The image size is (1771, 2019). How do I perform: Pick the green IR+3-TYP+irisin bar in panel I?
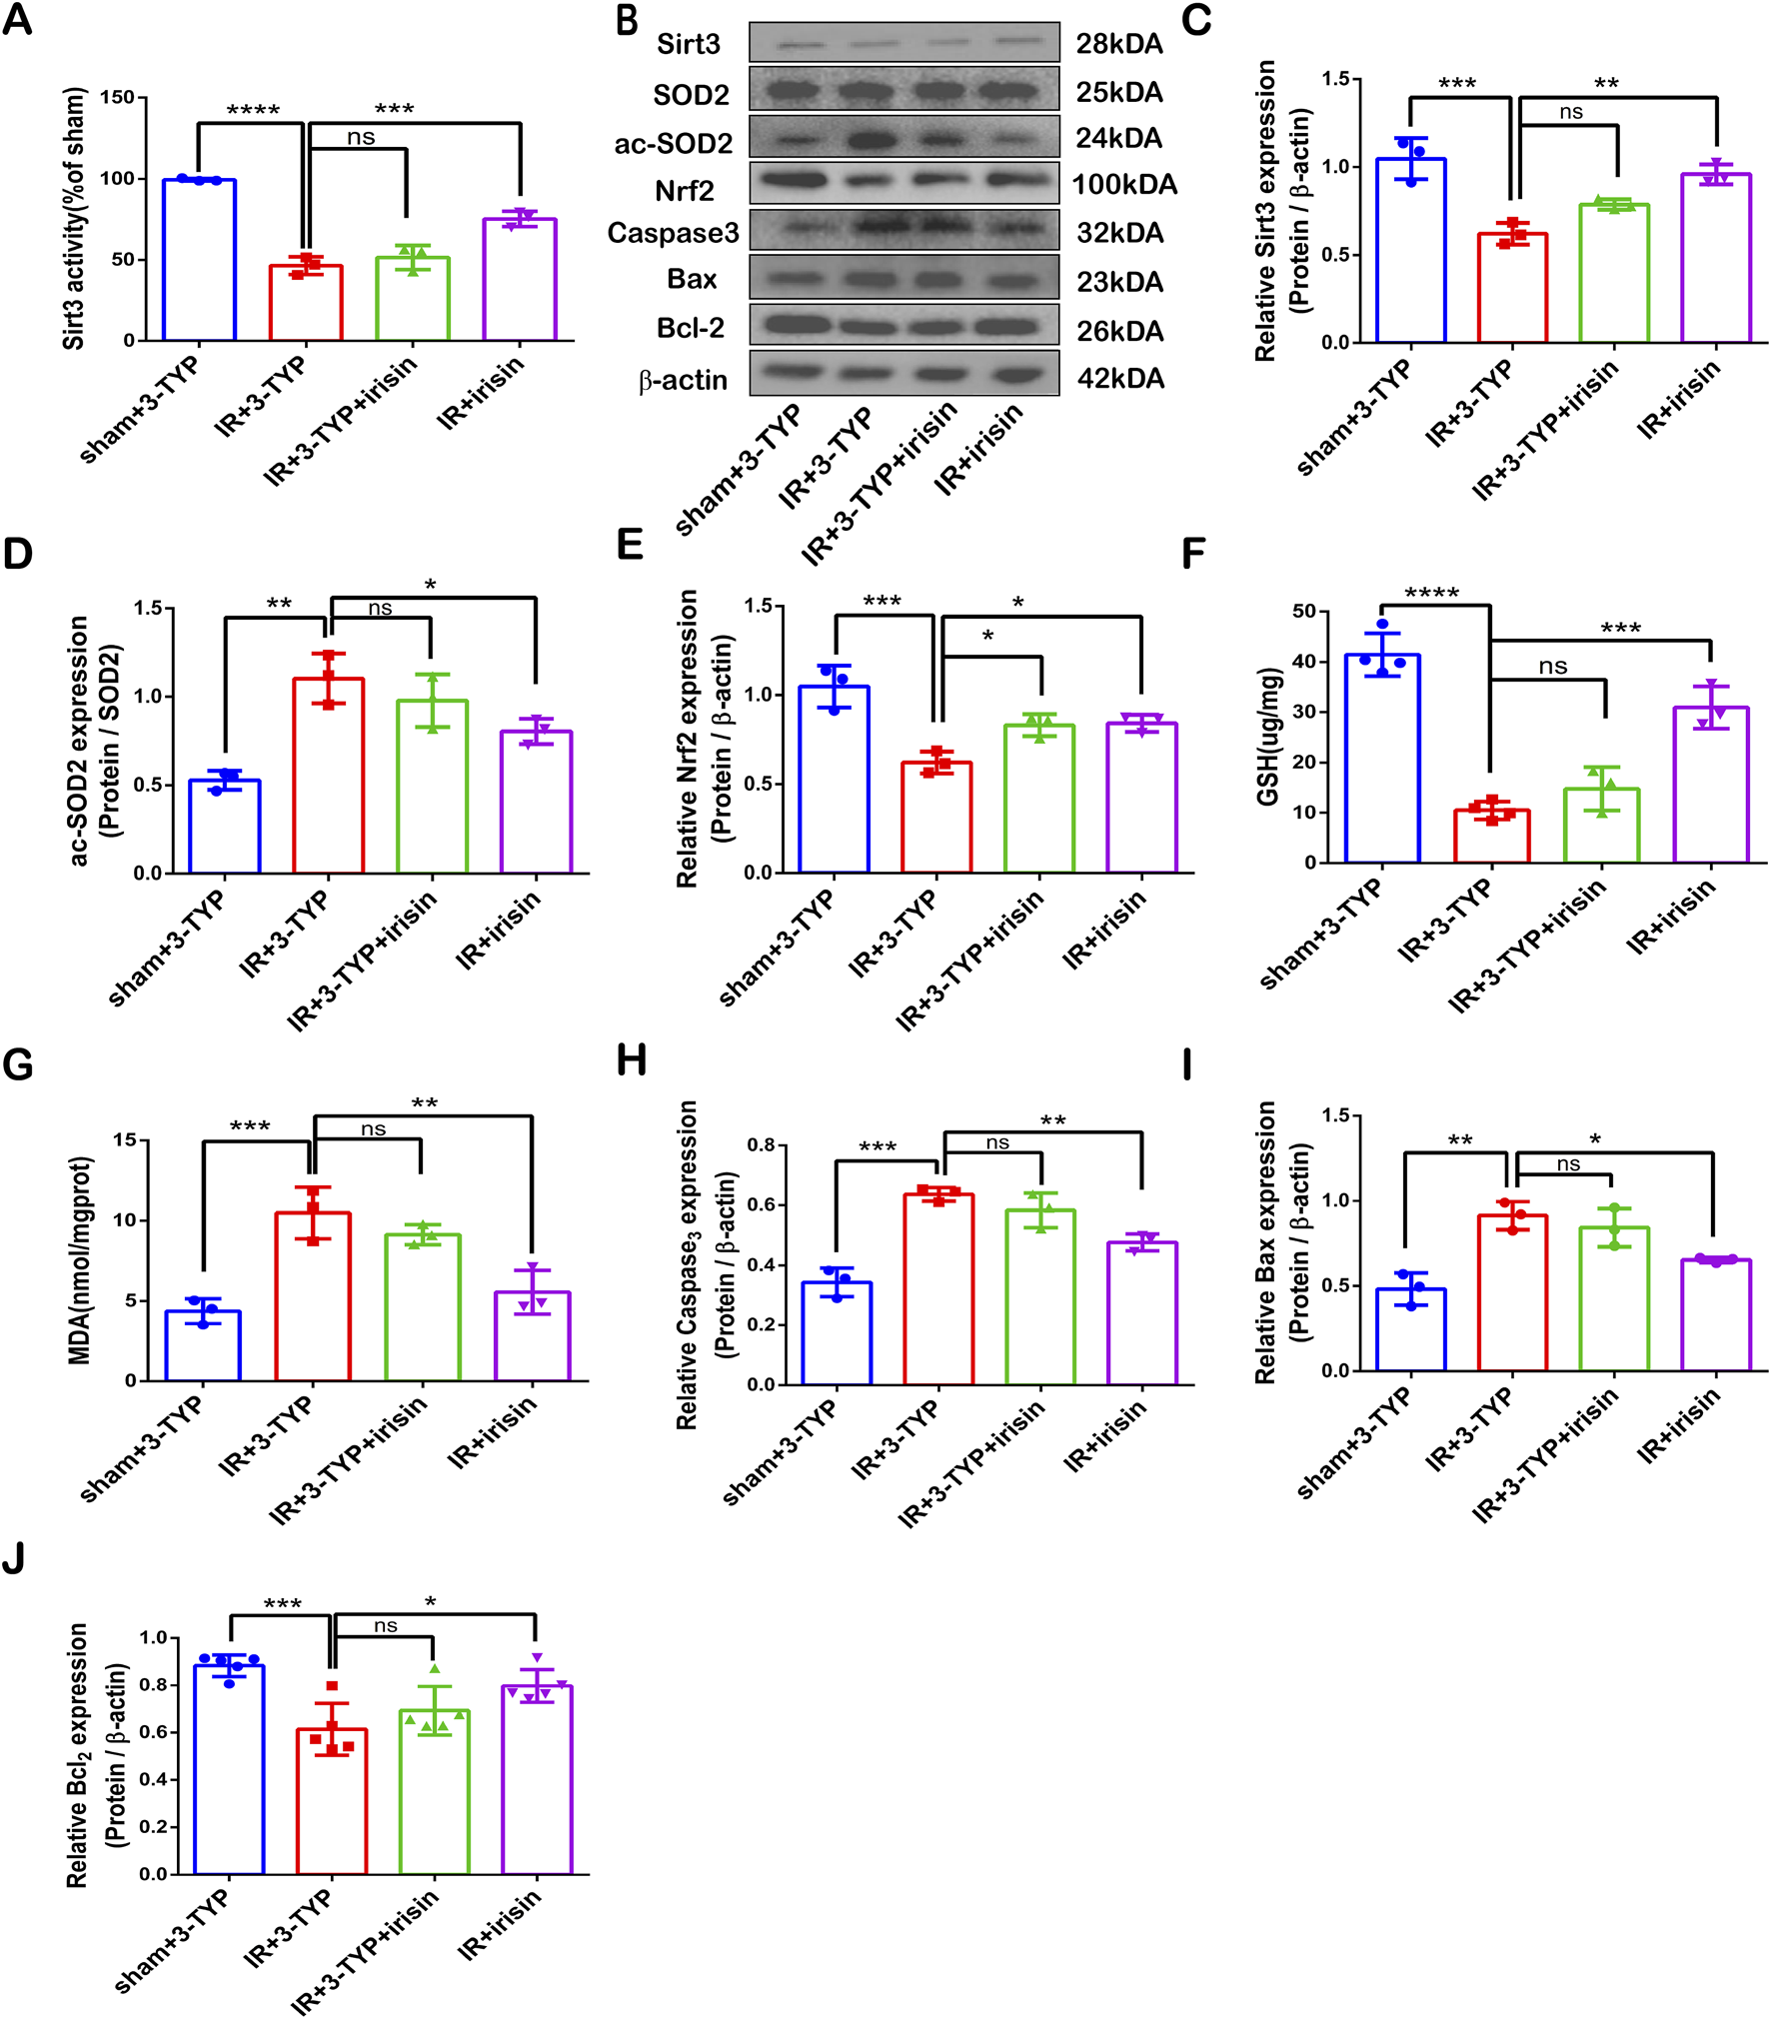coord(1613,1298)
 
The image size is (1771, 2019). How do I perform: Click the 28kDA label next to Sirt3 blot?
coord(1118,44)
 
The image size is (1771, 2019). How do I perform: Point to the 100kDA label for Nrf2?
coord(1123,185)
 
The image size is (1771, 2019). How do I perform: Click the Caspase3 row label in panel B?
coord(673,233)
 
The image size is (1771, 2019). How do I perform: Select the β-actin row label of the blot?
coord(683,381)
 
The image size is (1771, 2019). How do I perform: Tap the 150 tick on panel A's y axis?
coord(117,97)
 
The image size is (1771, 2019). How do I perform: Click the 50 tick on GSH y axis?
coord(1303,611)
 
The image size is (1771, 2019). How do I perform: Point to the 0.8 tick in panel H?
coord(761,1144)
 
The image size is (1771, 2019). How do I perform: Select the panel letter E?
coord(630,546)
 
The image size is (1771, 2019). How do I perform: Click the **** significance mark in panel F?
coord(1431,593)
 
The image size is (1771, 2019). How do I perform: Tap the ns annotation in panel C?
coord(1570,112)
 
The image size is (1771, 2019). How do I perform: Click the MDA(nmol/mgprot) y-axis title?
coord(79,1260)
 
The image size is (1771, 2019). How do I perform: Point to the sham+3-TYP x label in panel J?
coord(172,1941)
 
